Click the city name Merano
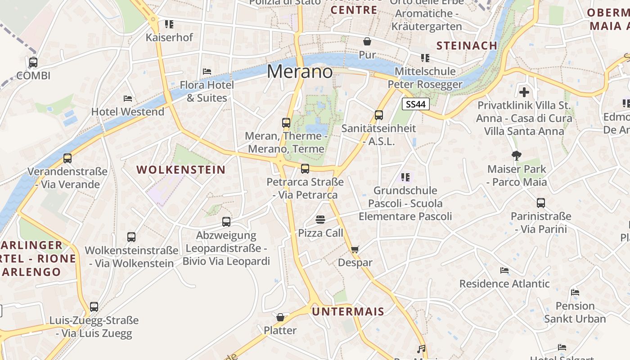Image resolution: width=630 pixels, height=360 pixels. [x=300, y=72]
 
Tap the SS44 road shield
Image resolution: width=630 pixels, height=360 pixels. [x=416, y=104]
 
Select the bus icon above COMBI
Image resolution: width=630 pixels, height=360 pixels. [x=33, y=62]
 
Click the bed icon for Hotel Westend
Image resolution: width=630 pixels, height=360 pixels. [x=128, y=98]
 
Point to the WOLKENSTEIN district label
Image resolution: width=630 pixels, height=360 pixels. [x=181, y=170]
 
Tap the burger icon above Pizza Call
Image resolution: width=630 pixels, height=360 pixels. [x=320, y=220]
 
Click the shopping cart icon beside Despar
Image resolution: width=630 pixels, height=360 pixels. [x=355, y=249]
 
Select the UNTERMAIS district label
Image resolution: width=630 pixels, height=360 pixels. [x=348, y=311]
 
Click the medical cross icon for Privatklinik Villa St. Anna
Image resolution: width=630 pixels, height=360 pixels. [x=524, y=92]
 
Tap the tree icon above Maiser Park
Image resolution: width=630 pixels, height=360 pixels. [x=517, y=156]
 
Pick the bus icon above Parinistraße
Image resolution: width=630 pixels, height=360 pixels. [x=541, y=203]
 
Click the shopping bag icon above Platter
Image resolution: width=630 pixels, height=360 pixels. [x=280, y=317]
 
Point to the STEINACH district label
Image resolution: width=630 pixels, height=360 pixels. [x=467, y=45]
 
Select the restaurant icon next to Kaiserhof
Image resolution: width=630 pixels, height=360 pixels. [x=169, y=24]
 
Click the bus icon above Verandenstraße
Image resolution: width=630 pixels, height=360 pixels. [x=67, y=158]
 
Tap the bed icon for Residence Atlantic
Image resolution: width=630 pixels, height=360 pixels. [x=504, y=270]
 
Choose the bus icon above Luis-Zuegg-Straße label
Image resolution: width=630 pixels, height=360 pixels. [x=94, y=307]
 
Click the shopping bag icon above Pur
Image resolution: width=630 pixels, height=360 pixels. [x=367, y=42]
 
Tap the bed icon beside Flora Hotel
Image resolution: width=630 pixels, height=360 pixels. [x=207, y=72]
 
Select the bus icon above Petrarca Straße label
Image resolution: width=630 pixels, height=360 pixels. [x=305, y=169]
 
